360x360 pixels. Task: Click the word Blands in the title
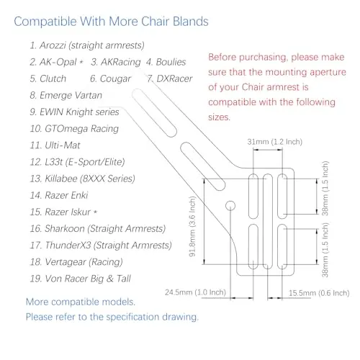coord(191,22)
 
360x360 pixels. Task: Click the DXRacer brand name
coord(174,78)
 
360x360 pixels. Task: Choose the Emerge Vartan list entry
coord(71,95)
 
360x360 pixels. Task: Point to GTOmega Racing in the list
coord(81,129)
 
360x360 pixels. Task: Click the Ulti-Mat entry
coord(63,145)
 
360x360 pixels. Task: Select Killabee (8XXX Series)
coord(90,179)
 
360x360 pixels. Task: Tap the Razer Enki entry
coord(66,195)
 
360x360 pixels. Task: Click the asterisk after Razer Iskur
coord(95,212)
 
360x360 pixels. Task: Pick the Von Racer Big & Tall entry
coord(88,279)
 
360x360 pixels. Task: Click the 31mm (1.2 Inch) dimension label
coord(274,142)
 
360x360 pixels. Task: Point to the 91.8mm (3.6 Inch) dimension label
coord(192,226)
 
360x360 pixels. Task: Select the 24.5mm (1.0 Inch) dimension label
coord(195,292)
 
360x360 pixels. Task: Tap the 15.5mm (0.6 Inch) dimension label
coord(319,293)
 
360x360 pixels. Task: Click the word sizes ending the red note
coord(219,117)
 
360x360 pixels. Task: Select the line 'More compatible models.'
coord(81,302)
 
